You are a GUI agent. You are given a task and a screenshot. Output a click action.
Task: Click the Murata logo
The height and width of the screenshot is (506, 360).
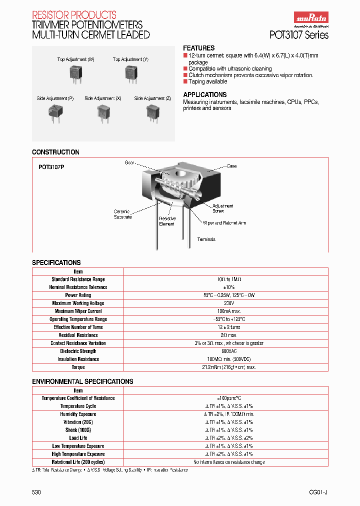tap(310, 19)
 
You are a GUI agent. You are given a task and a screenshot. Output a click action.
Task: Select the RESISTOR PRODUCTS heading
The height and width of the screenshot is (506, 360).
tap(74, 15)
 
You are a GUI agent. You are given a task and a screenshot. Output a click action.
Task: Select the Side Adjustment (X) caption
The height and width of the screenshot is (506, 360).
tap(103, 99)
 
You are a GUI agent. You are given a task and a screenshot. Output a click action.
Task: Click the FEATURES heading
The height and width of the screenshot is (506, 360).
tap(199, 48)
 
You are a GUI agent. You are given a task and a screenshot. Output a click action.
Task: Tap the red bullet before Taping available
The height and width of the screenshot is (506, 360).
tap(185, 81)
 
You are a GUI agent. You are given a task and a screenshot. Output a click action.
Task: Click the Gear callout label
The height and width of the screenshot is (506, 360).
tap(130, 163)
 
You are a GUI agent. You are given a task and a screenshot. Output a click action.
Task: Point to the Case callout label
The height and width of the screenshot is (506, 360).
tap(231, 166)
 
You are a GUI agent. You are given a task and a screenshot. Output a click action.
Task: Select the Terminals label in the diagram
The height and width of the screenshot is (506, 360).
tap(206, 239)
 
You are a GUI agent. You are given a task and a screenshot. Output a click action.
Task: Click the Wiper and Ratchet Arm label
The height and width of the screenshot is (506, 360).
tap(224, 223)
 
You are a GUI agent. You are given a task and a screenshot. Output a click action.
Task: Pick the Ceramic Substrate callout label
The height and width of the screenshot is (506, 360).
tap(122, 214)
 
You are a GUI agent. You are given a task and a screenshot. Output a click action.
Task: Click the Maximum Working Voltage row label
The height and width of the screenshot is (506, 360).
tap(78, 303)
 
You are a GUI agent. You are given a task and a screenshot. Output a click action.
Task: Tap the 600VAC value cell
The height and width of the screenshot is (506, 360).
tap(225, 351)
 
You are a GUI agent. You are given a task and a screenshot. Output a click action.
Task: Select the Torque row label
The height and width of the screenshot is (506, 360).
tap(78, 367)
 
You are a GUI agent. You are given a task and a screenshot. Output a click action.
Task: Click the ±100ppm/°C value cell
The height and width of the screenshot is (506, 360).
tap(225, 398)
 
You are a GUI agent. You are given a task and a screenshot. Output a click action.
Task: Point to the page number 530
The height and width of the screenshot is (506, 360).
tap(36, 492)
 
